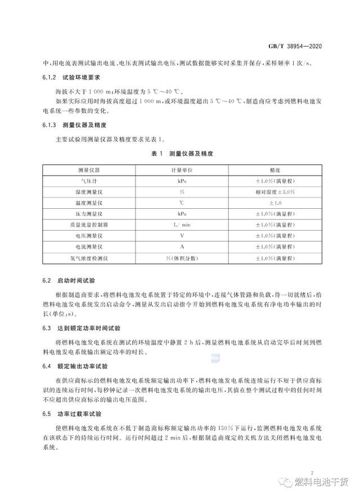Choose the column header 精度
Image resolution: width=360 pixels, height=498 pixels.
point(275,169)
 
